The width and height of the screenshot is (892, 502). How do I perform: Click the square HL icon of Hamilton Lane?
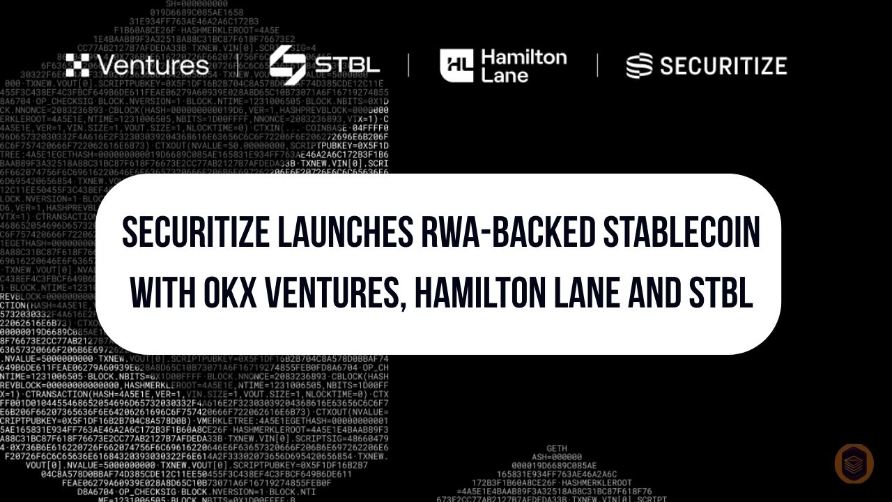[456, 66]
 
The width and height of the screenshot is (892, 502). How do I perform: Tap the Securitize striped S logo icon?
[639, 66]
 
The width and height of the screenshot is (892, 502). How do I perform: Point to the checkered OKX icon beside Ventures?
[77, 66]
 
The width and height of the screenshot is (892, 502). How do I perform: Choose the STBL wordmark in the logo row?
[346, 66]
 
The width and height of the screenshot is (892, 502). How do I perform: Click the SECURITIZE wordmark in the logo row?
[723, 66]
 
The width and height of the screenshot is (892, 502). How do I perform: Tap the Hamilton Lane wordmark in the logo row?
[523, 66]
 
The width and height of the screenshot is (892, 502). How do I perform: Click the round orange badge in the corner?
[854, 464]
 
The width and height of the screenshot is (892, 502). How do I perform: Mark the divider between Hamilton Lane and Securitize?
[597, 66]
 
